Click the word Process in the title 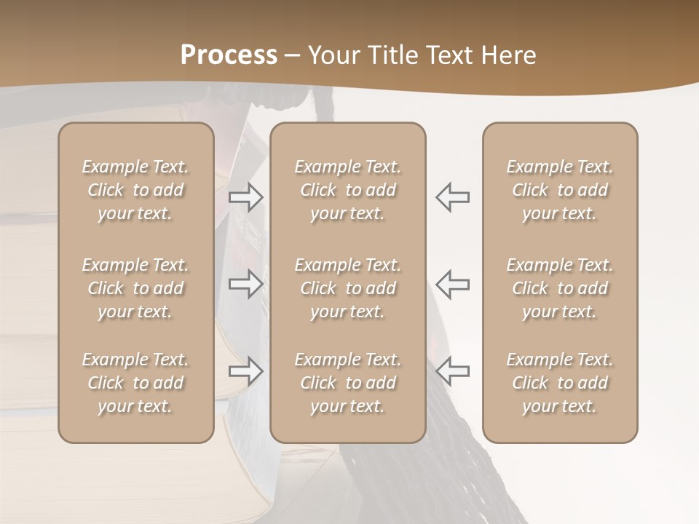[x=229, y=55]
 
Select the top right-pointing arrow [x=246, y=196]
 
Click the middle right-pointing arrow [x=246, y=283]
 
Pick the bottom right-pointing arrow [x=246, y=370]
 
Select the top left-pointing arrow [x=452, y=196]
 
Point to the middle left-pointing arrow [x=452, y=283]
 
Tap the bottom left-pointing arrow [x=452, y=370]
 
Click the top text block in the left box [x=135, y=190]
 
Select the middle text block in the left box [x=135, y=288]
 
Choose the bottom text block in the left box [x=135, y=383]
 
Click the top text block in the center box [x=347, y=190]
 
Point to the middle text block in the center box [x=347, y=288]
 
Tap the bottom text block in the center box [x=347, y=383]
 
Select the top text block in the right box [x=559, y=190]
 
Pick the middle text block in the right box [x=559, y=288]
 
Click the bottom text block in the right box [x=559, y=383]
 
